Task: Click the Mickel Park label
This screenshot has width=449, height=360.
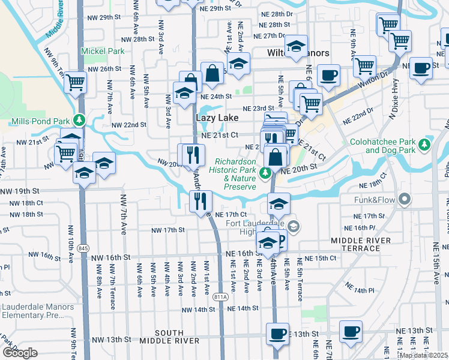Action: point(103,52)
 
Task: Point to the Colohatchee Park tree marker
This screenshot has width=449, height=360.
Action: point(425,144)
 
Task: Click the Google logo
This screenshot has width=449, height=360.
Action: point(20,353)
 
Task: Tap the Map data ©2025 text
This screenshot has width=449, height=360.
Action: point(424,355)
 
